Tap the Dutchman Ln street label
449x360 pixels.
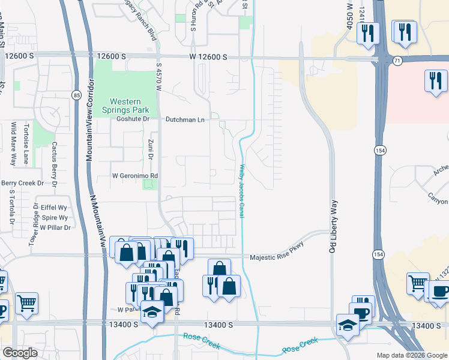tap(185, 119)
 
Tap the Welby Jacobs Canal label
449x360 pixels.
tap(242, 191)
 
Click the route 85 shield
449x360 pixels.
tap(76, 95)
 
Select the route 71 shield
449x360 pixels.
tap(397, 61)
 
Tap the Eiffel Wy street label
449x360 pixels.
tap(53, 207)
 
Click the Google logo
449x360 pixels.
tap(20, 353)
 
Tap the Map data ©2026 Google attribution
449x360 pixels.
tap(412, 355)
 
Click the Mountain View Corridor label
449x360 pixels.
tap(89, 131)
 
